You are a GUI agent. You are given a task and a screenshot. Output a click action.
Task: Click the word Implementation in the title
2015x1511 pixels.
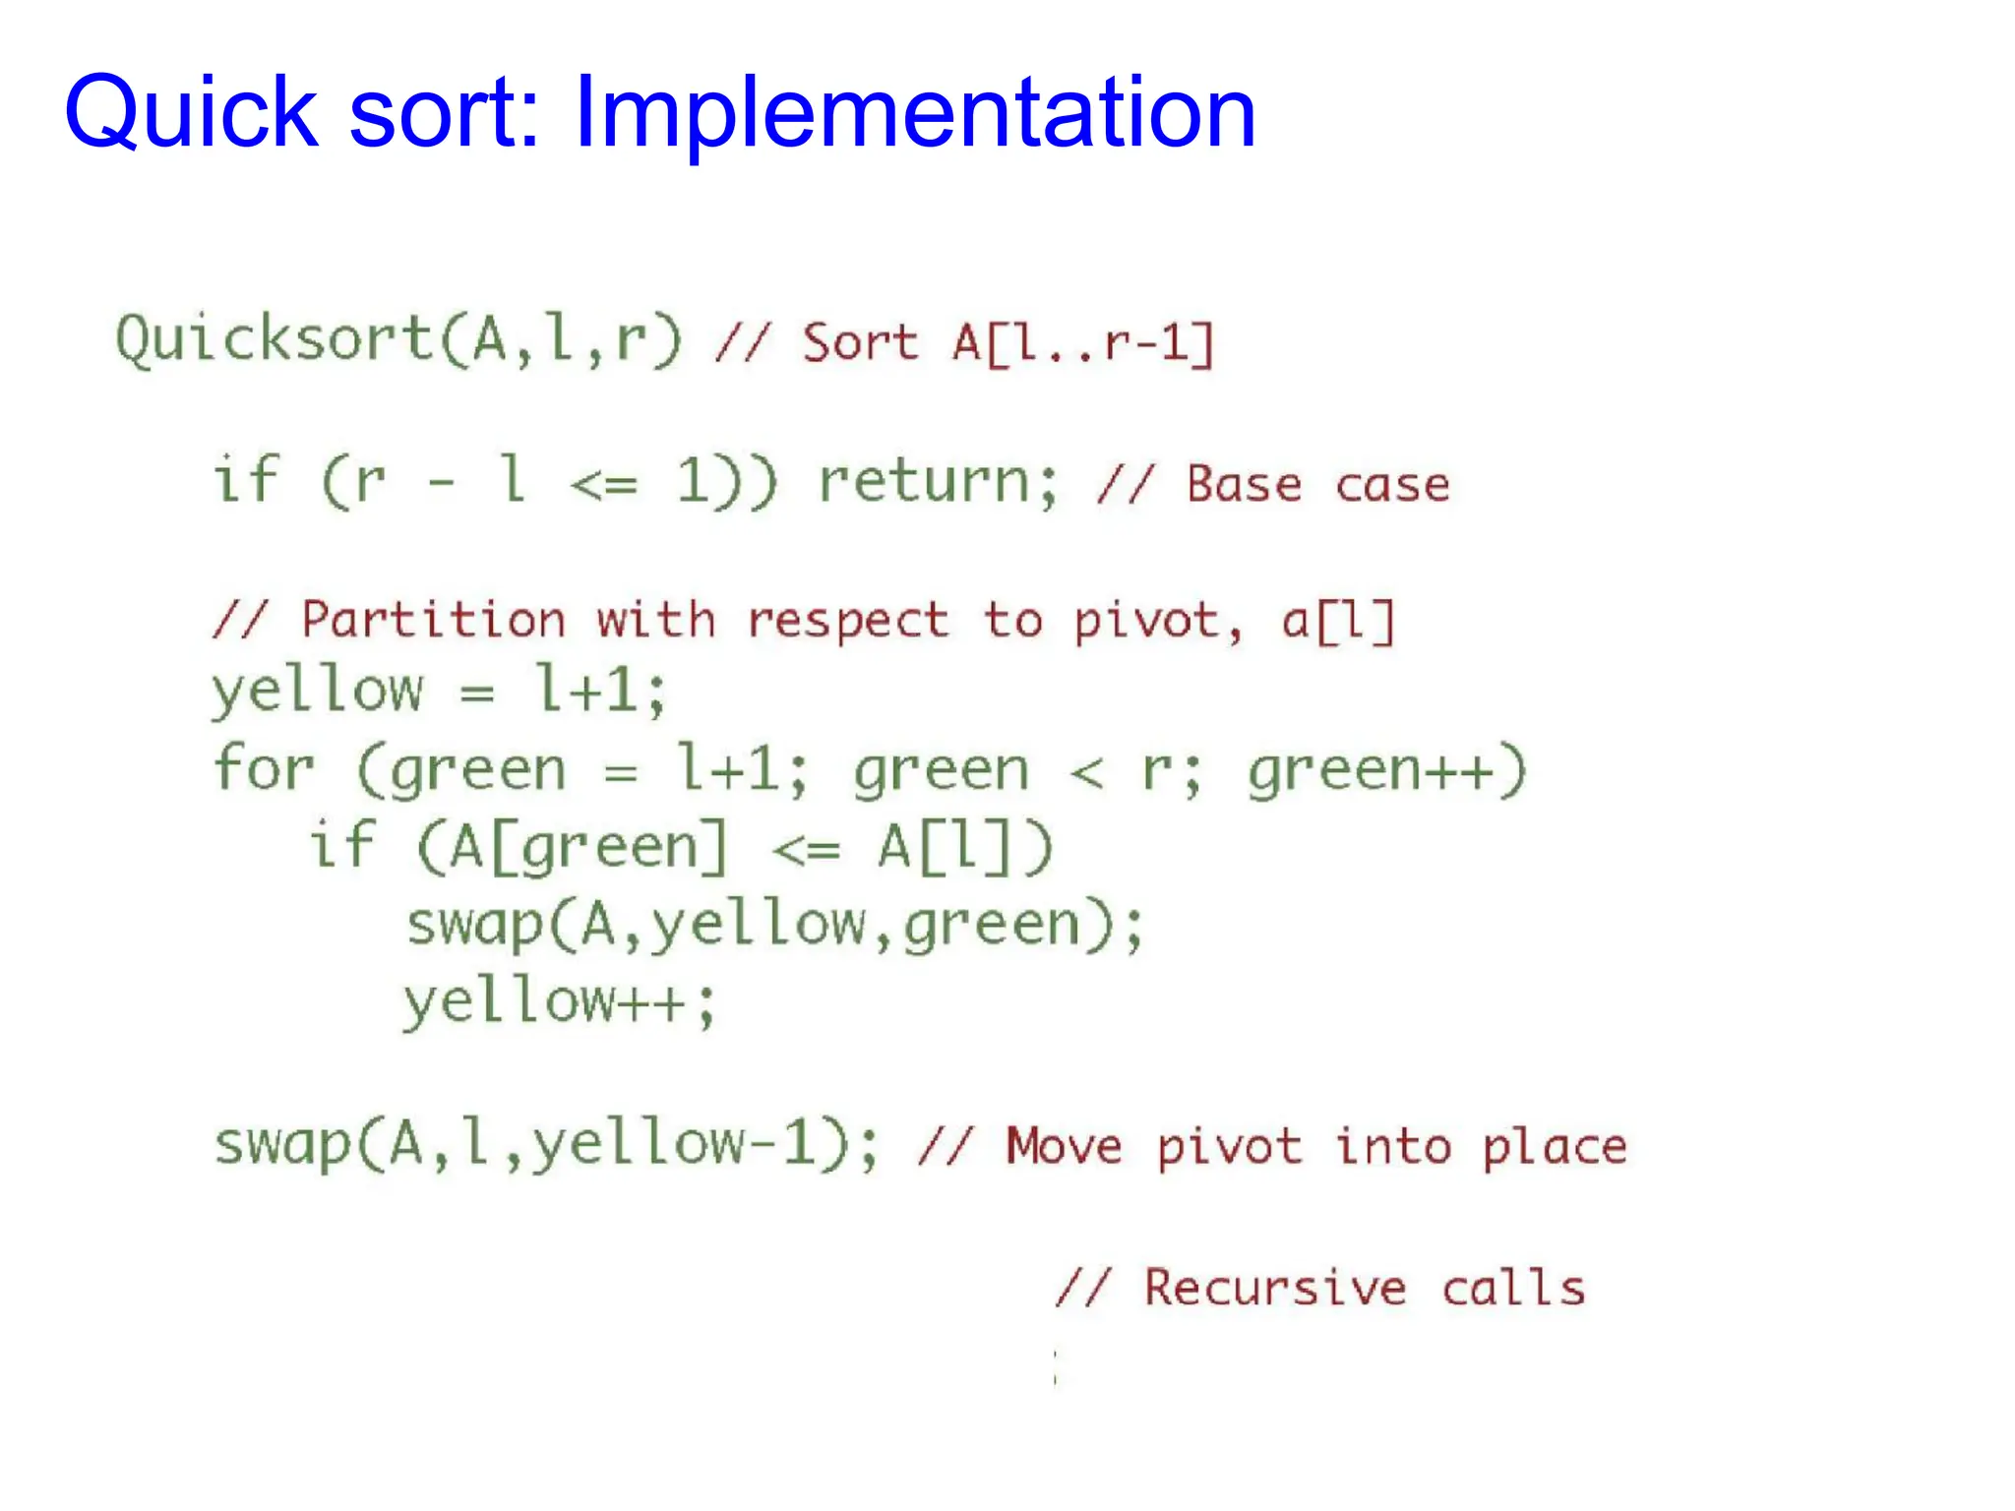pyautogui.click(x=914, y=112)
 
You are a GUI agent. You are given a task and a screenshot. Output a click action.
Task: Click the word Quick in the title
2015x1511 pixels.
pyautogui.click(x=192, y=112)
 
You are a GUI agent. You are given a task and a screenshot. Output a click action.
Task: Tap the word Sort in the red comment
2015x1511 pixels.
pyautogui.click(x=859, y=343)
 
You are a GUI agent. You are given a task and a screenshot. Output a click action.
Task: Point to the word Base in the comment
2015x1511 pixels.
pyautogui.click(x=1244, y=484)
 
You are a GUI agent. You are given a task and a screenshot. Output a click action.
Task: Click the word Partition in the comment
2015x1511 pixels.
pyautogui.click(x=433, y=620)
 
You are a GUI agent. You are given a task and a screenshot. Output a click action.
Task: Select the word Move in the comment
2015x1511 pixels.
pyautogui.click(x=1063, y=1147)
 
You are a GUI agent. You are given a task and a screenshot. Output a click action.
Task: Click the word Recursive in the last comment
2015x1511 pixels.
pyautogui.click(x=1275, y=1288)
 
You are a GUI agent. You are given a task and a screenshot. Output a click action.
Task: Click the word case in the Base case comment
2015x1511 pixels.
pyautogui.click(x=1392, y=485)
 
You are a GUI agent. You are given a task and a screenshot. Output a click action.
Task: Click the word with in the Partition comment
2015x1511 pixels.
pyautogui.click(x=655, y=620)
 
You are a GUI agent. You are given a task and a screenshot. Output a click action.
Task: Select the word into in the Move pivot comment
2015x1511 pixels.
pyautogui.click(x=1392, y=1147)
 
